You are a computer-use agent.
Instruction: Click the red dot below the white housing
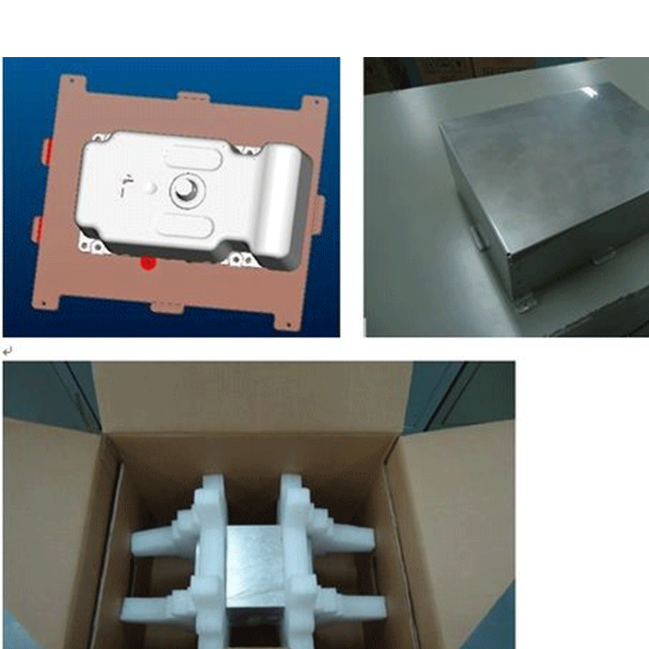pyautogui.click(x=149, y=263)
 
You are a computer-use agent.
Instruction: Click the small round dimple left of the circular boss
pyautogui.click(x=151, y=187)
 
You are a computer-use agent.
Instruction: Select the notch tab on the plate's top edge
pyautogui.click(x=193, y=97)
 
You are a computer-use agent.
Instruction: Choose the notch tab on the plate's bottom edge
pyautogui.click(x=167, y=306)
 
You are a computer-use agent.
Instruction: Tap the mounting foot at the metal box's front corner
pyautogui.click(x=524, y=302)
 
